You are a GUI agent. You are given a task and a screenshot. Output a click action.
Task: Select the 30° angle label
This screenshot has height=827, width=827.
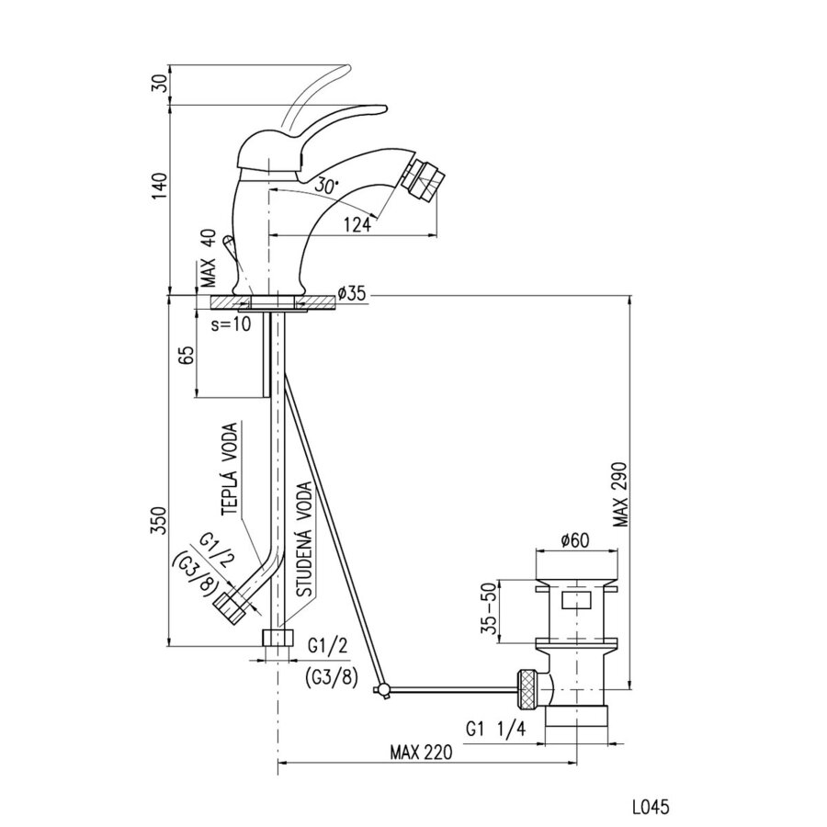(324, 185)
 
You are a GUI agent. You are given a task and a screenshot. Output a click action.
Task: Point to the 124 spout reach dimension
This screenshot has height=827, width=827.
(362, 223)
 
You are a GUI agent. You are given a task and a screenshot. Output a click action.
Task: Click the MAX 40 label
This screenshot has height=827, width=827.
(208, 261)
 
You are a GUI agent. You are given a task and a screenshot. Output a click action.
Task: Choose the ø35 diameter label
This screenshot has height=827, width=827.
(352, 294)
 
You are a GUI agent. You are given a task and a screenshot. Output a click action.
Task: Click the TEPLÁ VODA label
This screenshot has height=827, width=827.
(231, 470)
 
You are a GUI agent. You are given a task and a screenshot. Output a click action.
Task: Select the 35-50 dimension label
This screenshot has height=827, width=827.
(491, 608)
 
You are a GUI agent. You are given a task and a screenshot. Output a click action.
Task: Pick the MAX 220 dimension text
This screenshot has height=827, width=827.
(423, 752)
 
